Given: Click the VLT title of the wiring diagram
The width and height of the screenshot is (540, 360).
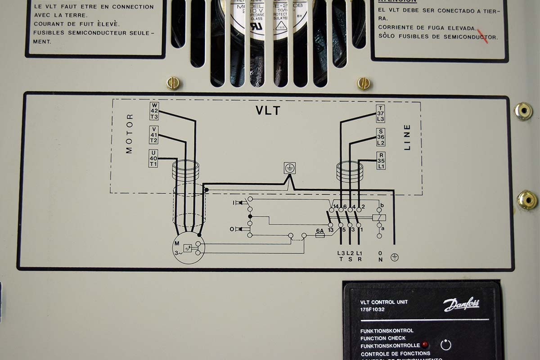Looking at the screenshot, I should [268, 111].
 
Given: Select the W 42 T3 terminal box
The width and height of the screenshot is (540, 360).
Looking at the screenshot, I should [154, 111].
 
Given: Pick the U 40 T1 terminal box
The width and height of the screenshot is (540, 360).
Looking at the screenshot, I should [153, 158].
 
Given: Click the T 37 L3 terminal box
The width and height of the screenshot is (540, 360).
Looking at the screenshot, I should [381, 113].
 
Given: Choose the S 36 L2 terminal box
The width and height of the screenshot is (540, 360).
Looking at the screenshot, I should [381, 137].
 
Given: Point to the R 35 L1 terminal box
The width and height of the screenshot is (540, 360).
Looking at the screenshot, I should [381, 161].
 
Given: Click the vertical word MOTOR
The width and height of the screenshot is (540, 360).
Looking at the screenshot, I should [130, 134].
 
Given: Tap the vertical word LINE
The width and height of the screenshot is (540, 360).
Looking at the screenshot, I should [407, 137].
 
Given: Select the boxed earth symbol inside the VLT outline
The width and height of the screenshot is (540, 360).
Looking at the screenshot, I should [290, 168].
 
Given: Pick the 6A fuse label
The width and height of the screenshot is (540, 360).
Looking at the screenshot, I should [320, 230].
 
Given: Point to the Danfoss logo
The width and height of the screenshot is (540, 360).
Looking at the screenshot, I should [461, 305].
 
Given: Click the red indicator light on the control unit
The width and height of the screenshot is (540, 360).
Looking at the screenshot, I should [425, 345].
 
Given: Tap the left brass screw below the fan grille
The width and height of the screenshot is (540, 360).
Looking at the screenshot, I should [173, 83].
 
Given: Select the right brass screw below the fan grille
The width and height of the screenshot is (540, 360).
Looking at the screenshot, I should [364, 83].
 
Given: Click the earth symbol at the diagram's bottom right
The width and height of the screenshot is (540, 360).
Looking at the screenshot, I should [394, 257].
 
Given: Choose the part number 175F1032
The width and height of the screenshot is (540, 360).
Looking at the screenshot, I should [373, 310].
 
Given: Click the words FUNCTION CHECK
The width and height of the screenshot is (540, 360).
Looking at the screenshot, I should [383, 338].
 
